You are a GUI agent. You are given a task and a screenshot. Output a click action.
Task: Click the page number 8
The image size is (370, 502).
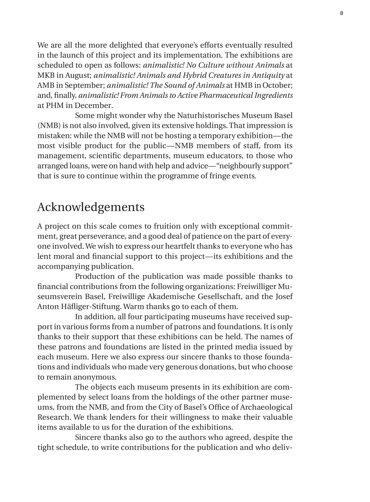tap(341, 13)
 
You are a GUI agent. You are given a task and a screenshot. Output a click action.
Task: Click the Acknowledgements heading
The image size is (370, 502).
tap(91, 207)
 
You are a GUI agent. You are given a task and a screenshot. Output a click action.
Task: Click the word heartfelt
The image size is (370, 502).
tap(180, 247)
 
